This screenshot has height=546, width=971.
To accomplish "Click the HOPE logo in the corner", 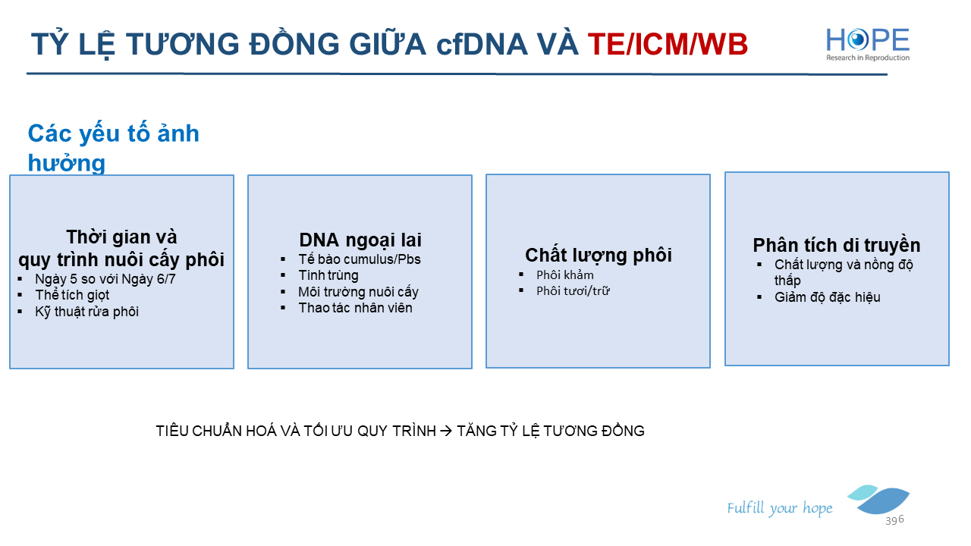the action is pyautogui.click(x=868, y=44).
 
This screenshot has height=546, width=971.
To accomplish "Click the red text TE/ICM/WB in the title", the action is pyautogui.click(x=668, y=44).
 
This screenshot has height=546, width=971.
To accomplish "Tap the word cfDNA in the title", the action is pyautogui.click(x=482, y=44).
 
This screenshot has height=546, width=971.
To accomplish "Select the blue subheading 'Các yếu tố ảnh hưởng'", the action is pyautogui.click(x=114, y=148).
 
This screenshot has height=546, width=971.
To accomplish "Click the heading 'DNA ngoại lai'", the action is pyautogui.click(x=360, y=240).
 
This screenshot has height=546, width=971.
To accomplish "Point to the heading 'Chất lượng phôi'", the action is pyautogui.click(x=599, y=255).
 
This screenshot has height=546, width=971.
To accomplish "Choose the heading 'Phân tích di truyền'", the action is pyautogui.click(x=837, y=245).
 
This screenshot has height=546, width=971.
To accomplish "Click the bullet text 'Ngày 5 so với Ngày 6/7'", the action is pyautogui.click(x=105, y=279).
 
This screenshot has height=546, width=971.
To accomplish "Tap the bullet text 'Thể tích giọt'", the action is pyautogui.click(x=72, y=295).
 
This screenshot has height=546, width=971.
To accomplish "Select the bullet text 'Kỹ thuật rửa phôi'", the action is pyautogui.click(x=86, y=312).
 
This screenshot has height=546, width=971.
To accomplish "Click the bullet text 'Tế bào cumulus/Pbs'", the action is pyautogui.click(x=360, y=259).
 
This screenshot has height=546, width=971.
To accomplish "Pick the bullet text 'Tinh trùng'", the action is pyautogui.click(x=328, y=275).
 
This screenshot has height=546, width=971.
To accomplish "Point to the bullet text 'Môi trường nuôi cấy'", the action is pyautogui.click(x=358, y=292).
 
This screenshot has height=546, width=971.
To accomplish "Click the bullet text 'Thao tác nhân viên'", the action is pyautogui.click(x=355, y=308).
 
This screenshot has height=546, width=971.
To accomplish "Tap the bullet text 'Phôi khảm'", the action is pyautogui.click(x=565, y=275).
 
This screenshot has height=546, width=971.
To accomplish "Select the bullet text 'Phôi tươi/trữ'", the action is pyautogui.click(x=573, y=290).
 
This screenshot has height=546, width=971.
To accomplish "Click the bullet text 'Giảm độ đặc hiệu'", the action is pyautogui.click(x=827, y=297).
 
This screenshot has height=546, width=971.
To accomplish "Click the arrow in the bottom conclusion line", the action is pyautogui.click(x=446, y=431).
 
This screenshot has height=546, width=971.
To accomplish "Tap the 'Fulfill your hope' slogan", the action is pyautogui.click(x=779, y=508).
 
